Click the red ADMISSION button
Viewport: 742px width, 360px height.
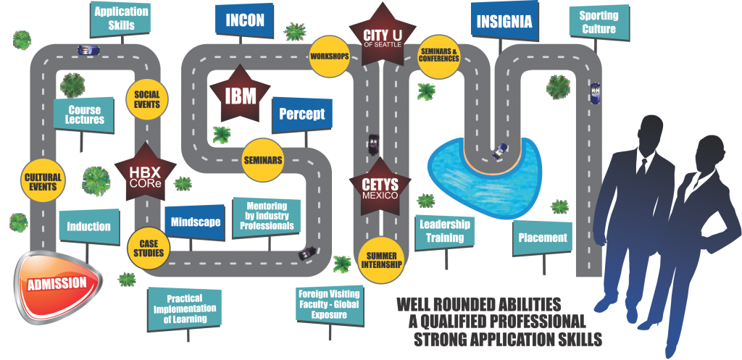[57, 283]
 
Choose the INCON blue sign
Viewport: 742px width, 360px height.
[244, 20]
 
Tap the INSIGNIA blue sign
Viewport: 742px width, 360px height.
[505, 22]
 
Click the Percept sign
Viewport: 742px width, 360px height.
[301, 114]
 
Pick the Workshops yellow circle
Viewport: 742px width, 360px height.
[330, 56]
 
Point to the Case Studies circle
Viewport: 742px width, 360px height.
[147, 248]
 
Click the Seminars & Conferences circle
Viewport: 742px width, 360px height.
[439, 55]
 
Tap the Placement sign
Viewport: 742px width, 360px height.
[542, 238]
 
